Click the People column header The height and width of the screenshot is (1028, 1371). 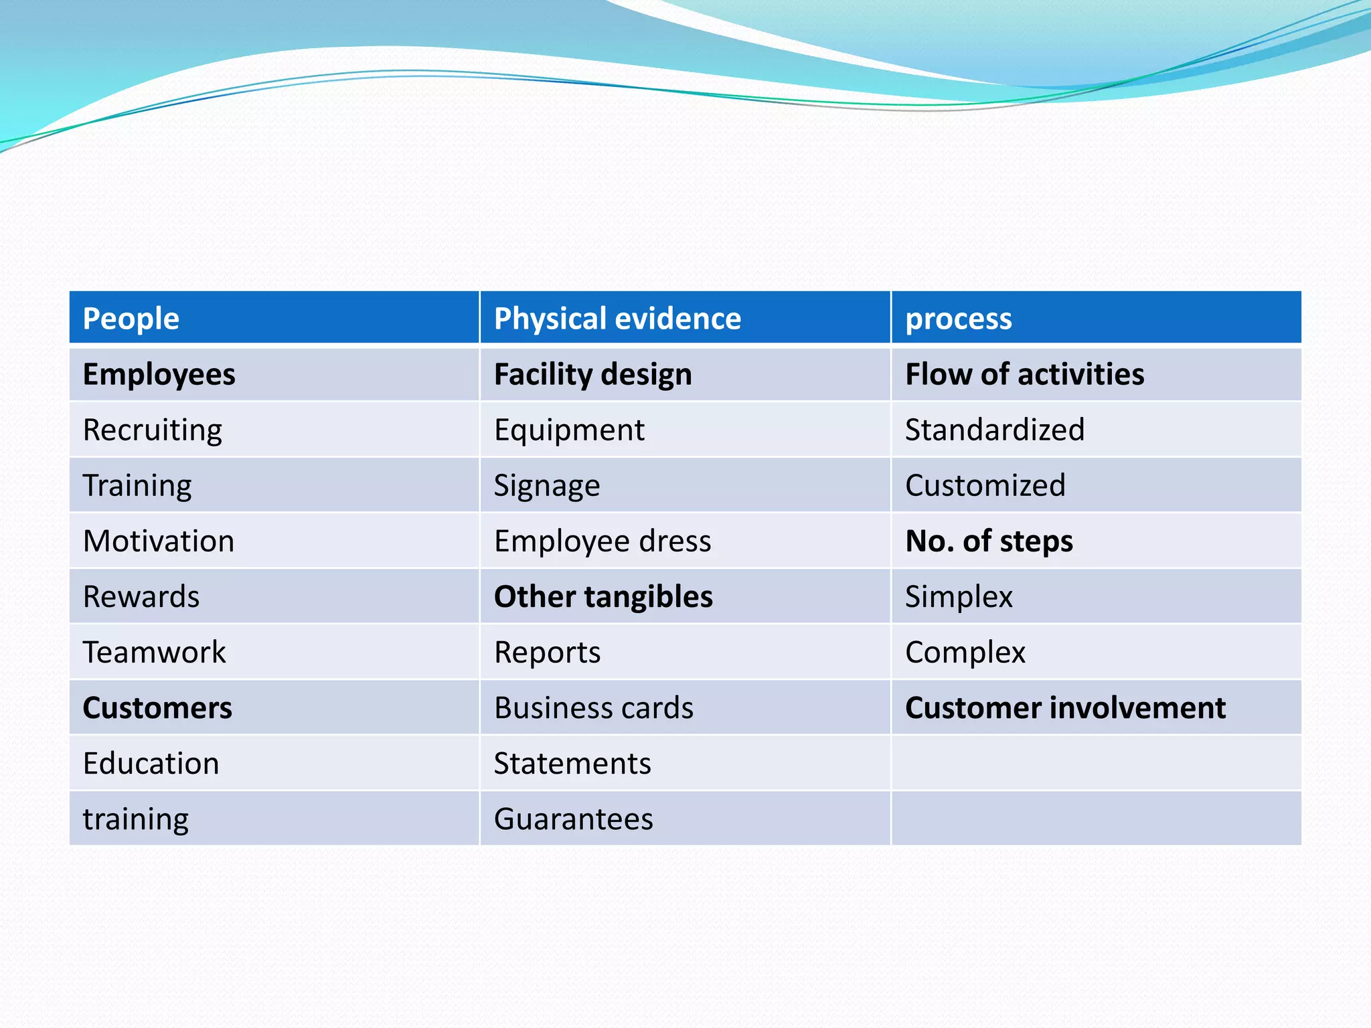click(131, 319)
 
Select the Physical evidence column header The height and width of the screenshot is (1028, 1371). click(617, 319)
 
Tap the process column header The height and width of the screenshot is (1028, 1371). click(958, 319)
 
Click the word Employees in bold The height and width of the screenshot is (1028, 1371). click(159, 374)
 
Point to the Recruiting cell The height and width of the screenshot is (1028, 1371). click(153, 430)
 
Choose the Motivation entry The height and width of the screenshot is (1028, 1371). click(159, 541)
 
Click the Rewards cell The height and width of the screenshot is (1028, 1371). click(141, 596)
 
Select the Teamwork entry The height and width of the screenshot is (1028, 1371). click(155, 652)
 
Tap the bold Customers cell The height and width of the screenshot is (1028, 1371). click(157, 707)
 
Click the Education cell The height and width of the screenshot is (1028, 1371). click(151, 763)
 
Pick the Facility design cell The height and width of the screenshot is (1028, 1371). click(592, 374)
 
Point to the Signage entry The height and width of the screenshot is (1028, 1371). click(547, 485)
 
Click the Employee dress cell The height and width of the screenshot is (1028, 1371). click(602, 541)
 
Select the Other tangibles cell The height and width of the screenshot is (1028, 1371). click(603, 596)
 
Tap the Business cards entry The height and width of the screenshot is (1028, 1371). click(594, 707)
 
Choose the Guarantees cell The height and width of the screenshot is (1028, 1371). click(574, 819)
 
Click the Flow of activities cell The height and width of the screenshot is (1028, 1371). click(1024, 374)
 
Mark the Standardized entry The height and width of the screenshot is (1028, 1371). click(995, 430)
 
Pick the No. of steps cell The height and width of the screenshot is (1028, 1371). click(989, 541)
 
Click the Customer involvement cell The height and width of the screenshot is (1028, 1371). click(1065, 707)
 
